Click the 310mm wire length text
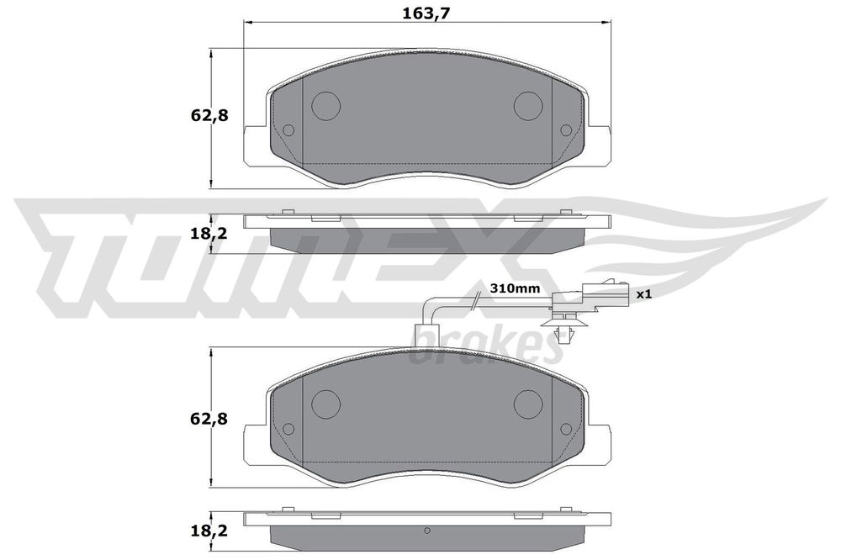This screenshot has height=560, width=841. [x=516, y=288]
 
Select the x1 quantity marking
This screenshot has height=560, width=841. [x=645, y=294]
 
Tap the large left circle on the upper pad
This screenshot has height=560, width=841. [x=325, y=104]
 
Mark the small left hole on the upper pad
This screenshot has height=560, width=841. [x=288, y=130]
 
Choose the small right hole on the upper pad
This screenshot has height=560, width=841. [x=566, y=130]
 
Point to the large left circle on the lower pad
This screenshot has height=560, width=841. [x=325, y=404]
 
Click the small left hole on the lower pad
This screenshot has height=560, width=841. [x=288, y=429]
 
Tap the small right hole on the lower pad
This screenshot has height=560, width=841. [x=566, y=429]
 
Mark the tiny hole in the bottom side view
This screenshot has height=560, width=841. [x=427, y=530]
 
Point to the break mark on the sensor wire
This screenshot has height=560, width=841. [x=476, y=298]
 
